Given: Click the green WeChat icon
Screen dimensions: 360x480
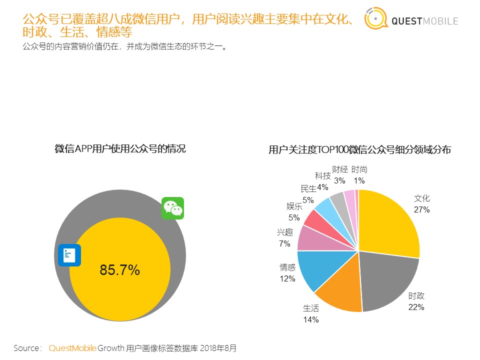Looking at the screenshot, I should point(172,208).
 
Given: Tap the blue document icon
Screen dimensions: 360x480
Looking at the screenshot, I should point(69,255).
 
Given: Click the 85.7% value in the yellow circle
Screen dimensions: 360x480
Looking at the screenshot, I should point(119,270).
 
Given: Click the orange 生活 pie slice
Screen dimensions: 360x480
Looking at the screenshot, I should point(340,292).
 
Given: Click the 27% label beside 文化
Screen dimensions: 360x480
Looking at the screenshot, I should point(421,209).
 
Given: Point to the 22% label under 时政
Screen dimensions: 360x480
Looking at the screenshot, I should point(416,307).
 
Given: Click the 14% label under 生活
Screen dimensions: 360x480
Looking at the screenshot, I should point(310,319).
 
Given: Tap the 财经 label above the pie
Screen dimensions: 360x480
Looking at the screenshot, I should point(339,170).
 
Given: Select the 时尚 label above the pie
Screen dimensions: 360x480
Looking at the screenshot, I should point(359,170).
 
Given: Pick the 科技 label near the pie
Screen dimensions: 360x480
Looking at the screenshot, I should point(322,176).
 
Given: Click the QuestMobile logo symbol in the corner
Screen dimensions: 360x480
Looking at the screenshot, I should point(374,19).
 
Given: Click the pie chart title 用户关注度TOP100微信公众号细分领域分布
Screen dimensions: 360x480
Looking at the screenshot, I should point(359,149).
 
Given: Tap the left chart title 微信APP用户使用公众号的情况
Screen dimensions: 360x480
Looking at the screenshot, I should point(120,148).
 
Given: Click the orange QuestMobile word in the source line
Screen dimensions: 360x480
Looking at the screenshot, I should point(72,348).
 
